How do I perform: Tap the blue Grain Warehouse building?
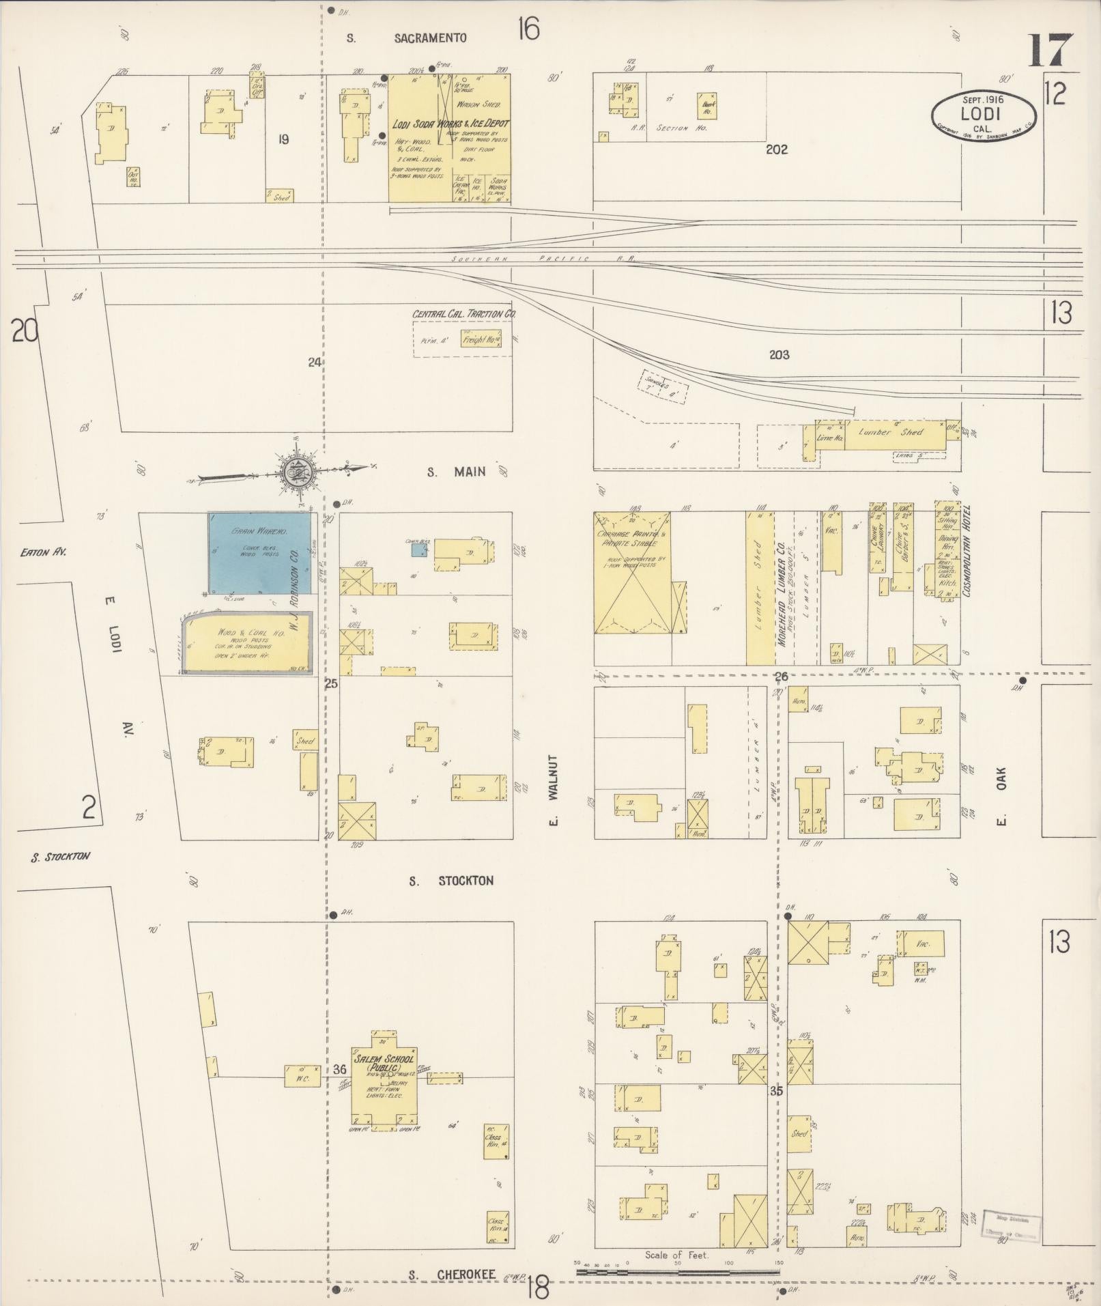pos(259,552)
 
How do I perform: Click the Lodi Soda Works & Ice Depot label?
pos(451,124)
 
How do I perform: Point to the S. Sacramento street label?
pos(408,38)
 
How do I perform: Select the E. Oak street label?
pos(1002,797)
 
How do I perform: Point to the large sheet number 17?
pos(1051,50)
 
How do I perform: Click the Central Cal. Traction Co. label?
pos(464,314)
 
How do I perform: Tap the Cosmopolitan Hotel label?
pos(967,552)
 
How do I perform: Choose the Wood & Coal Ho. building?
pos(245,644)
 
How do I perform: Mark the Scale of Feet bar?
pos(678,1272)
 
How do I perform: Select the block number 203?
pos(779,354)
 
